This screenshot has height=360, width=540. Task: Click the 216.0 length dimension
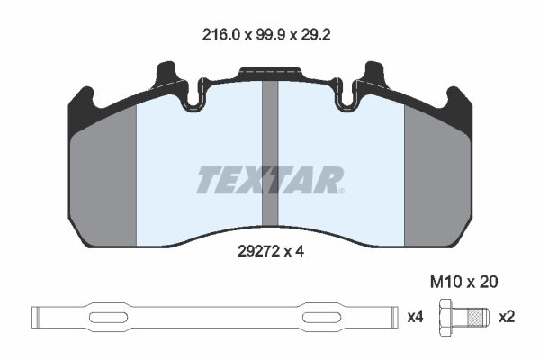click(x=220, y=35)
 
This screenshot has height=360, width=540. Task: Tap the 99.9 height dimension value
click(x=271, y=35)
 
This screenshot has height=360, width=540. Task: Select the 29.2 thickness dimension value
click(x=316, y=35)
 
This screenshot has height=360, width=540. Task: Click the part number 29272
click(x=258, y=252)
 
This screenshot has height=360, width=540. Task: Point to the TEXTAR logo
click(x=270, y=180)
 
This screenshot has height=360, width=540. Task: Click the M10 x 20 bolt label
click(x=463, y=282)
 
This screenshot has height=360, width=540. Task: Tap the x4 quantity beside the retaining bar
click(x=416, y=317)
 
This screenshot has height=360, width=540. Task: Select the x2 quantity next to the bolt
click(x=507, y=317)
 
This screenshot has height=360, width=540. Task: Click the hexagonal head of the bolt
click(x=446, y=318)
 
